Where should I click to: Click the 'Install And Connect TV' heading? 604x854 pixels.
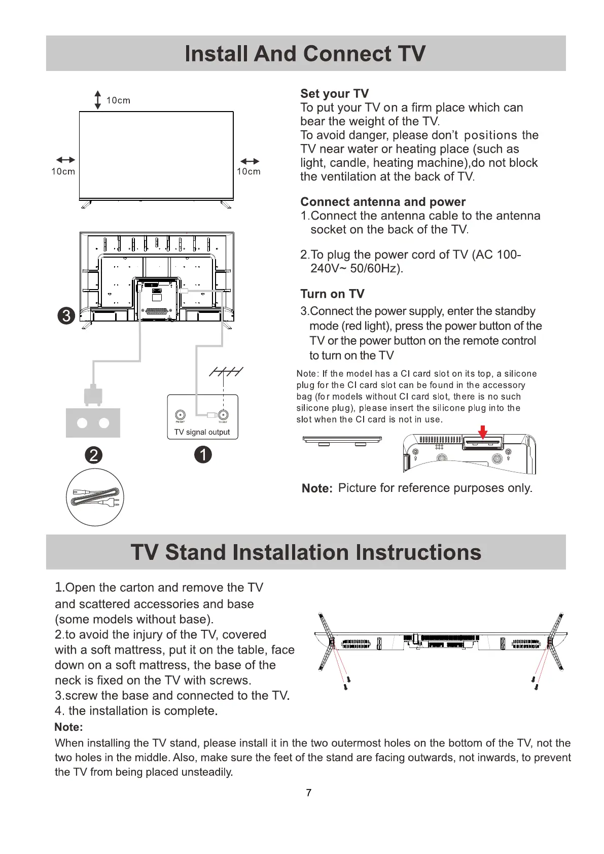[x=305, y=54]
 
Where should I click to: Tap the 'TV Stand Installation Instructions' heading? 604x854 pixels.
[x=306, y=552]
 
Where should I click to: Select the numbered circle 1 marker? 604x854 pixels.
[x=203, y=454]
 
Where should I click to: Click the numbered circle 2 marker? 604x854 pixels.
[x=93, y=455]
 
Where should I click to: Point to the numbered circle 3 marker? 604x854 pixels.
[x=66, y=315]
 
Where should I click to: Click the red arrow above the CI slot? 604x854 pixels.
[x=483, y=432]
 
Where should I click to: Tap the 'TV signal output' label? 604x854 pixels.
[x=202, y=432]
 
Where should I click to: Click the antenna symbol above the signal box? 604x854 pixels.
[x=226, y=372]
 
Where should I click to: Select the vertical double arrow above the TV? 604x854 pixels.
[x=98, y=100]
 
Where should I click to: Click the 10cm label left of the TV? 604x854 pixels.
[x=63, y=171]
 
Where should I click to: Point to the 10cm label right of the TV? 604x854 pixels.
[x=248, y=171]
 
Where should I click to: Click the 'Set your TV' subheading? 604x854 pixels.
[x=334, y=94]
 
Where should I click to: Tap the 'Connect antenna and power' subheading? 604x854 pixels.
[x=383, y=202]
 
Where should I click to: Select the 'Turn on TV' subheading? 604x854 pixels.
[x=332, y=294]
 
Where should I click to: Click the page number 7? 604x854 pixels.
[x=308, y=793]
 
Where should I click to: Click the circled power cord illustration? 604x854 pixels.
[x=95, y=497]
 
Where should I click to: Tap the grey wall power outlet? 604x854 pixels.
[x=93, y=423]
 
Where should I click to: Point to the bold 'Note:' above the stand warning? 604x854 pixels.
[x=68, y=727]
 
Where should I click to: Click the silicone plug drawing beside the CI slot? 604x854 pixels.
[x=342, y=440]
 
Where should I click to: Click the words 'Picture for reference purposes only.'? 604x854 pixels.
[x=435, y=488]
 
